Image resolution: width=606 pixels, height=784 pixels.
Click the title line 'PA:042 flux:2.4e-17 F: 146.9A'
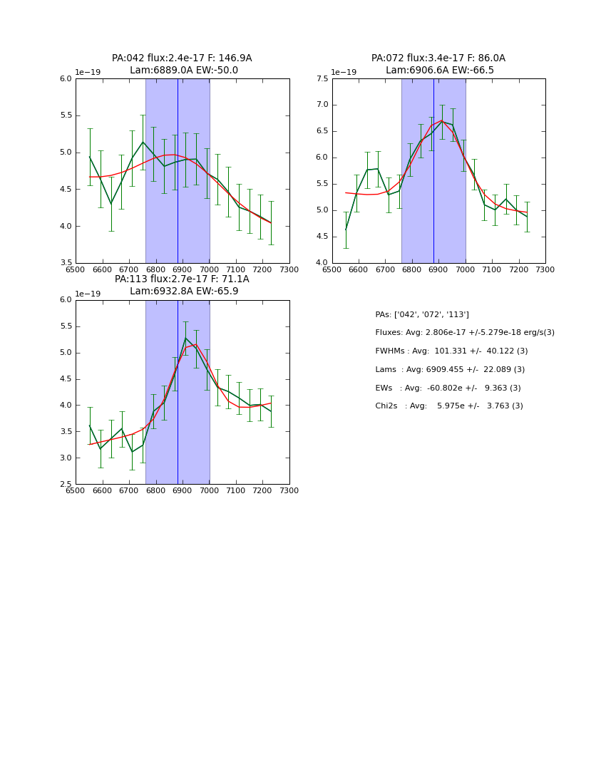coord(182,58)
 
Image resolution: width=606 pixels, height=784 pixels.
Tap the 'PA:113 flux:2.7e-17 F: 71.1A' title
coord(182,279)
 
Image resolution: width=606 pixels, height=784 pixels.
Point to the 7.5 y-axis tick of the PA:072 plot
coord(322,79)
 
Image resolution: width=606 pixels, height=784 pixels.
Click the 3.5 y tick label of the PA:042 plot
coord(65,263)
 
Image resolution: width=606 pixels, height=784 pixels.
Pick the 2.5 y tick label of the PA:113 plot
coord(65,485)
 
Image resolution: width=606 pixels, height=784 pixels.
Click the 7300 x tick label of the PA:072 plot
coord(545,269)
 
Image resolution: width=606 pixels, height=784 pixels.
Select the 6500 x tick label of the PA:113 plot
coord(76,490)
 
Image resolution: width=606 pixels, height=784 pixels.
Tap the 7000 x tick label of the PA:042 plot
coord(209,269)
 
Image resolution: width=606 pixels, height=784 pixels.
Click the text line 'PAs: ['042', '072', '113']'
coord(422,314)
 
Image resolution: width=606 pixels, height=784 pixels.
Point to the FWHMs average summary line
coord(451,351)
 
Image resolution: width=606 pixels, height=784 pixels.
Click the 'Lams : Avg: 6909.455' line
coord(450,370)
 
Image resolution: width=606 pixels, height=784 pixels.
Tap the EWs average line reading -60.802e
coord(448,388)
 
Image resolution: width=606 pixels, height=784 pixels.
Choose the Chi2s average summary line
coord(449,406)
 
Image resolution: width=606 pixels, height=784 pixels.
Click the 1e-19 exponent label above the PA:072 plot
coord(344,73)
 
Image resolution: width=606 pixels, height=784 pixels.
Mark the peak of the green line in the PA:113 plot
coord(185,338)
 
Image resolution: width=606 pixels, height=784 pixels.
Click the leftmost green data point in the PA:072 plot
coord(346,229)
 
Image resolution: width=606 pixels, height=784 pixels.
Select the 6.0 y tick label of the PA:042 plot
coord(65,79)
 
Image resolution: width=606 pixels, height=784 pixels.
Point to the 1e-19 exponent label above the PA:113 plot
coord(88,294)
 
